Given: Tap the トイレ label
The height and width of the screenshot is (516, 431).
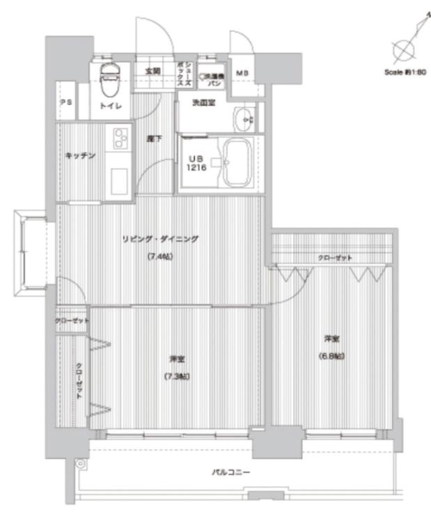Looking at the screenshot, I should pos(110,106).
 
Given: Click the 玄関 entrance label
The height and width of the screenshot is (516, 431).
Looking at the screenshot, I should pos(152,71).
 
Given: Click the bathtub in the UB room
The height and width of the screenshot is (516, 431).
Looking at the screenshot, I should pos(237,162).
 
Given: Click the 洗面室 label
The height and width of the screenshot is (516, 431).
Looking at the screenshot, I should pos(204,102).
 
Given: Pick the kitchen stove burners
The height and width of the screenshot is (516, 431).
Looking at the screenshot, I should pos(120,137).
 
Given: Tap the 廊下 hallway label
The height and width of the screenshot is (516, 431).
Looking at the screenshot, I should pos(155,139).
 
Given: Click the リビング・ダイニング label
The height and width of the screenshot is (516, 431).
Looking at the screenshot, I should pos(161,239).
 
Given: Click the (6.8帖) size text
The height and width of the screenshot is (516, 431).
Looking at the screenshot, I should pos(332,356).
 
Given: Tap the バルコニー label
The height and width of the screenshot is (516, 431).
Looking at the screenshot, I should pos(231,473).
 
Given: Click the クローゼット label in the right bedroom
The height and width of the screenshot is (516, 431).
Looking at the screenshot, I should pos(335,258).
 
